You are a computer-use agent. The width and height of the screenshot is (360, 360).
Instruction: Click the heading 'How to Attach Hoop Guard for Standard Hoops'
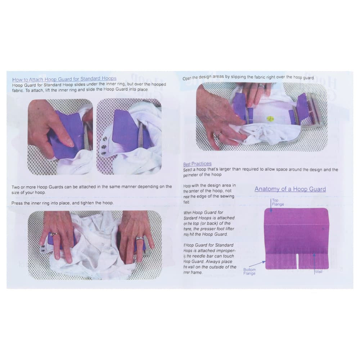[64, 79]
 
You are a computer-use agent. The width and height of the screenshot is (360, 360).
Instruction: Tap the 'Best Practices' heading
[197, 164]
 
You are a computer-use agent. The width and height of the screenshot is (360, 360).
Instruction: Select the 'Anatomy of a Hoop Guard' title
[290, 189]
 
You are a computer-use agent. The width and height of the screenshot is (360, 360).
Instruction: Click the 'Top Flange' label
[278, 202]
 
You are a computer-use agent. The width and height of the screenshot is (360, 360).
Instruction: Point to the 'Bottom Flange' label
[249, 271]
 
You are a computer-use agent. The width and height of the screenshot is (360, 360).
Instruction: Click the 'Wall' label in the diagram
[319, 272]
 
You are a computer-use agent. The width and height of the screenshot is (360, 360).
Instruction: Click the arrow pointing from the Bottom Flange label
[261, 264]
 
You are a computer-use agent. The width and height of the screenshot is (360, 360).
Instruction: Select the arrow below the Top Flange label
[271, 206]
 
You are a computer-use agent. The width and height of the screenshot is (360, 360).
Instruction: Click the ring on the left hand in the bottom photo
[53, 235]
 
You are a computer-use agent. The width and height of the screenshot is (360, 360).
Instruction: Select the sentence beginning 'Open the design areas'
[248, 77]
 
